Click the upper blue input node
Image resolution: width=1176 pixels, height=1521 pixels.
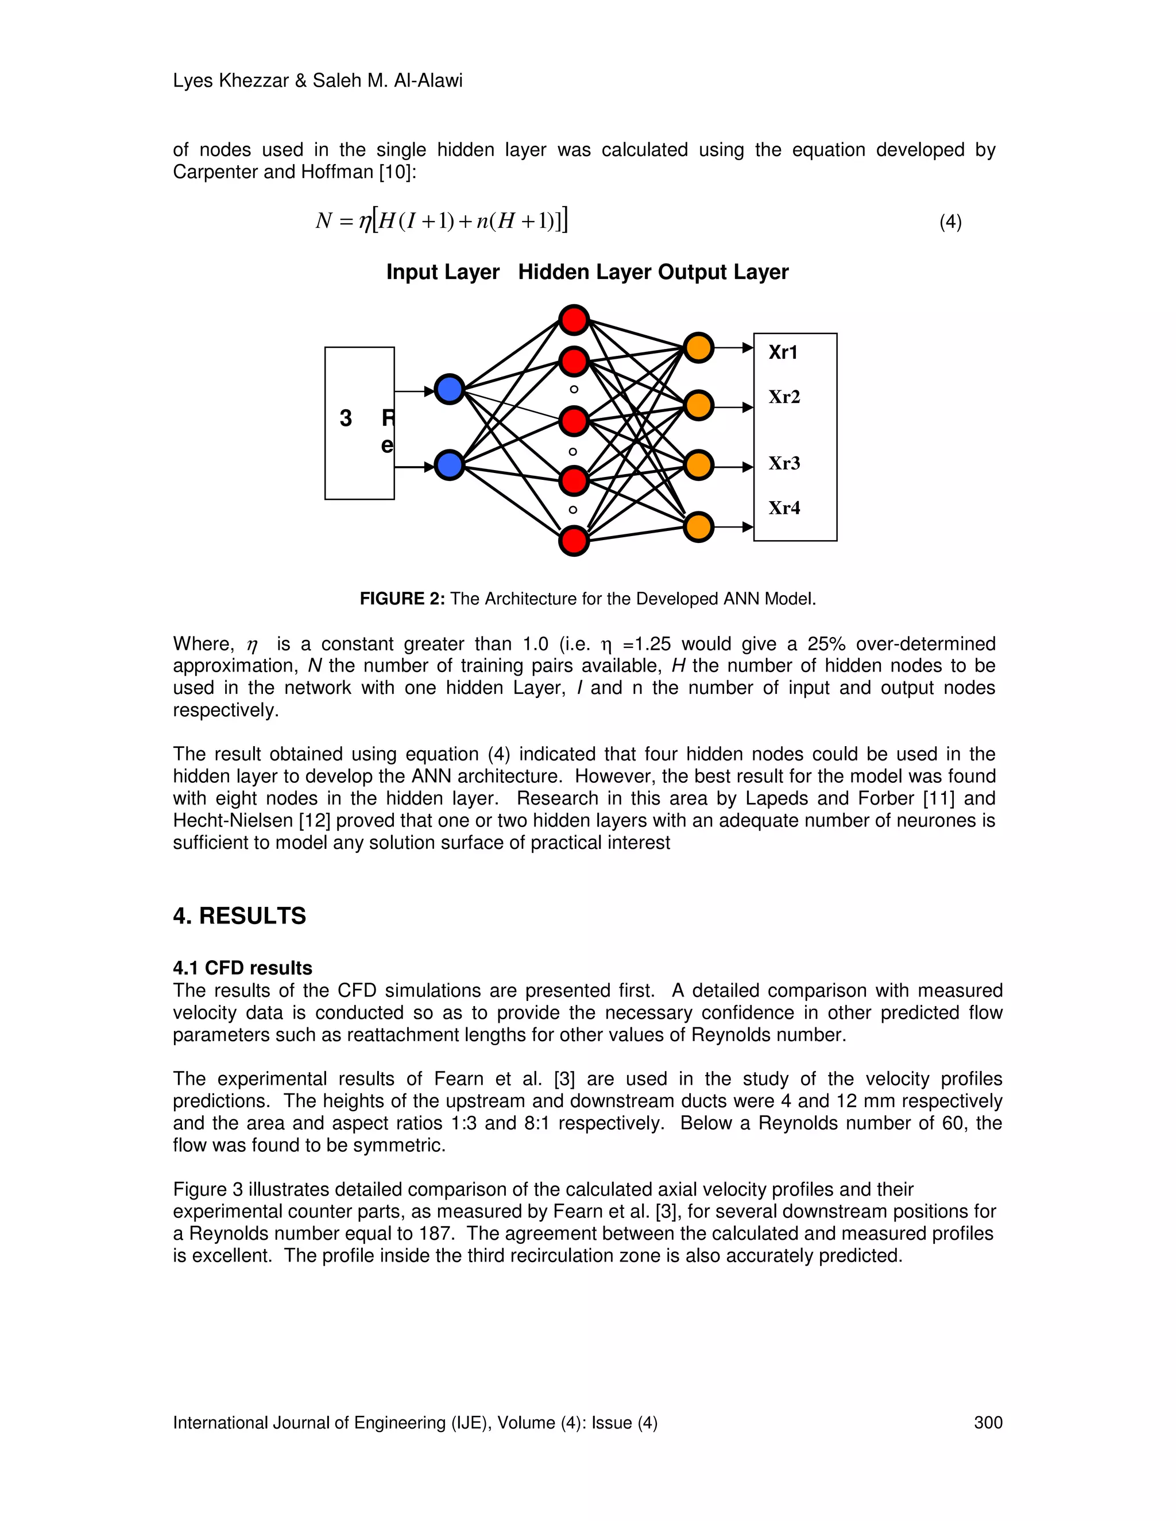[x=450, y=389]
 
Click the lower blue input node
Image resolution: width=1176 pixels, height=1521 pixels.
[x=450, y=465]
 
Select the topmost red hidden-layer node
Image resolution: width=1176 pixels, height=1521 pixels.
[x=574, y=320]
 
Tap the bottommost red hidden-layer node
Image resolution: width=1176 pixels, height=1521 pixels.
[x=574, y=541]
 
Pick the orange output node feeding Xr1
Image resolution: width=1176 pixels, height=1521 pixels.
[x=698, y=347]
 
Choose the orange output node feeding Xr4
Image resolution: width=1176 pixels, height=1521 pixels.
[x=698, y=526]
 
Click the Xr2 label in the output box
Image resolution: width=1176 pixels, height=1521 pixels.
[x=784, y=397]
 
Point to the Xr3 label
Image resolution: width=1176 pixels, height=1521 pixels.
[x=784, y=463]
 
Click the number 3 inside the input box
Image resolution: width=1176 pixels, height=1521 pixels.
[x=346, y=418]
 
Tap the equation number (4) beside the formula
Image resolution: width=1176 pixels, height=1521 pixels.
[x=950, y=222]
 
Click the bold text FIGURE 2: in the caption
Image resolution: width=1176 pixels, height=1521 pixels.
[x=402, y=599]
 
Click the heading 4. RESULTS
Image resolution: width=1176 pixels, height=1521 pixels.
[x=239, y=916]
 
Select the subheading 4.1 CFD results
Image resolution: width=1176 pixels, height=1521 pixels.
[x=242, y=968]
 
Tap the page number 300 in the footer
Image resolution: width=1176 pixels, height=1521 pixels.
[x=988, y=1423]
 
